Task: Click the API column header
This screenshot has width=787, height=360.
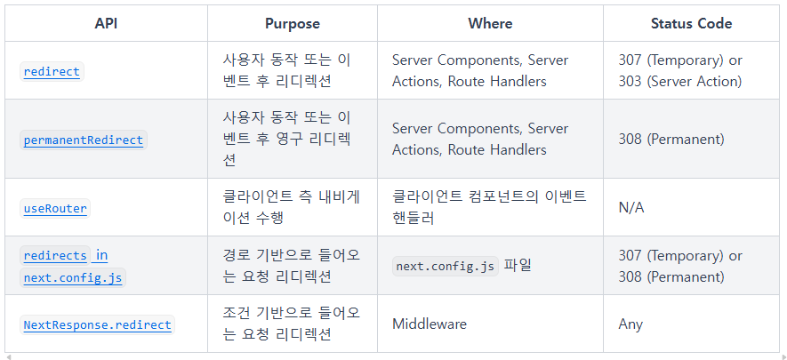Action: [x=106, y=24]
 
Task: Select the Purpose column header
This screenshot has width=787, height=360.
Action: [x=292, y=24]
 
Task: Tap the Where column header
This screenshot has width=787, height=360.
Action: [x=490, y=24]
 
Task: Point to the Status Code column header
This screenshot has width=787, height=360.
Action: [x=691, y=24]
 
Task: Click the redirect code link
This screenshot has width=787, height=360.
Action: [x=52, y=72]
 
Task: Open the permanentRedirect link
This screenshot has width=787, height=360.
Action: [x=84, y=140]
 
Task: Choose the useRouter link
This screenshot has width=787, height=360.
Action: [x=55, y=209]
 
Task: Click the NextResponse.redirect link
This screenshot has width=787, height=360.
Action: [x=98, y=324]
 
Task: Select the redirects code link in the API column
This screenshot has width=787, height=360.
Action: [x=55, y=256]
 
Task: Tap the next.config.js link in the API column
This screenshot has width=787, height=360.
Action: [x=74, y=277]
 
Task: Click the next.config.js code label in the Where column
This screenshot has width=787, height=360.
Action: [x=446, y=266]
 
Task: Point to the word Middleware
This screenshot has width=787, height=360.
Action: [x=429, y=324]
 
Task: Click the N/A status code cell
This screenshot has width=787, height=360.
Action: [x=631, y=207]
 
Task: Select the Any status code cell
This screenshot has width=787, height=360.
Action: [x=630, y=324]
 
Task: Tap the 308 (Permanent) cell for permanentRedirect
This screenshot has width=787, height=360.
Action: [x=671, y=140]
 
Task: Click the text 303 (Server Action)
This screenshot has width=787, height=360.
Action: [x=679, y=82]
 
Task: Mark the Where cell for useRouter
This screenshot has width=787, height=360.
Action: [x=489, y=207]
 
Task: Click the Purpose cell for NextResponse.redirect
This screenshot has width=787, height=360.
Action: [x=292, y=324]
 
